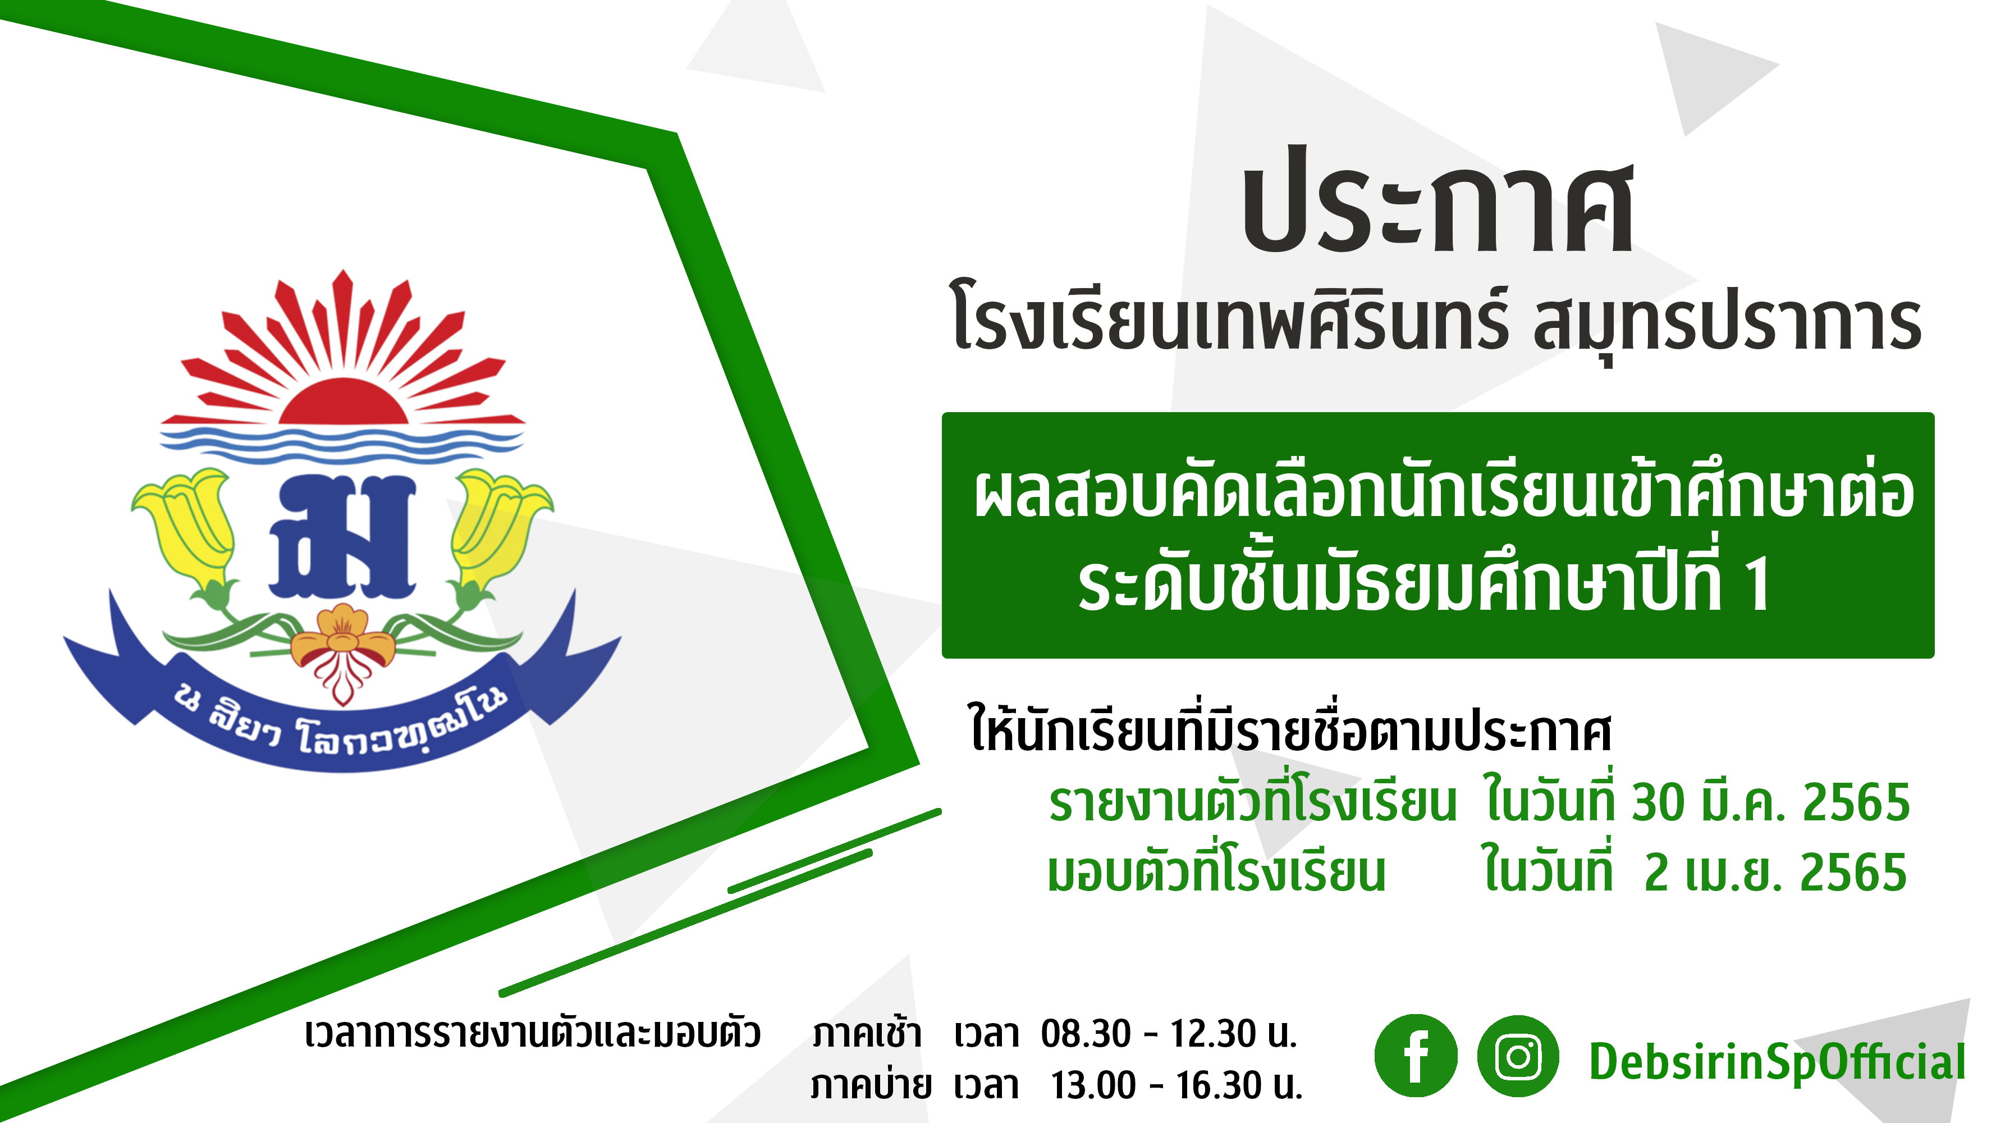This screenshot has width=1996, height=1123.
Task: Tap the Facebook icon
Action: (x=1416, y=1056)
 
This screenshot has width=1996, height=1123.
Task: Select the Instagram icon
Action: (x=1518, y=1056)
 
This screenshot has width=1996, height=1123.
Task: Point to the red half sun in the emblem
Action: (x=344, y=401)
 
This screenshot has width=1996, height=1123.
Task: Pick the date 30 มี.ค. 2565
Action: (x=1770, y=802)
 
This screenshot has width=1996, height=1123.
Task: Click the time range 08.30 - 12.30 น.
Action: (x=1169, y=1034)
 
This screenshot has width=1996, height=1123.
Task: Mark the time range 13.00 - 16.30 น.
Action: (x=1177, y=1085)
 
